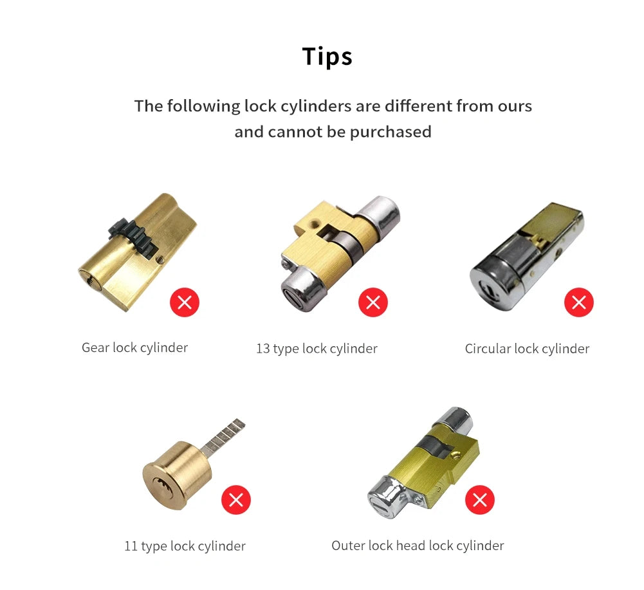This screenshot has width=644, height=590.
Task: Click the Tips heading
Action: click(x=327, y=57)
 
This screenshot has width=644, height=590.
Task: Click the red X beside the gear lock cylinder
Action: click(x=185, y=302)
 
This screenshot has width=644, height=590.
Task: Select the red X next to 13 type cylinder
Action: click(x=373, y=302)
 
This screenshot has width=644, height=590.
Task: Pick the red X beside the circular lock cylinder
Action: click(x=578, y=302)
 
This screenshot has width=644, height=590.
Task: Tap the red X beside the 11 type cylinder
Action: click(x=236, y=500)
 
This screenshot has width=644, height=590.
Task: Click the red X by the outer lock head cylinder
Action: click(x=479, y=500)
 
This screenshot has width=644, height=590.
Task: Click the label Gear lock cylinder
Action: click(x=134, y=348)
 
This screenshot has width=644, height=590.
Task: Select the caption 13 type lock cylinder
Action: click(x=317, y=349)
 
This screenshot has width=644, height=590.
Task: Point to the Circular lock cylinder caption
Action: click(x=527, y=349)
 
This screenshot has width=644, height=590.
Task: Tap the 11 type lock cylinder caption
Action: click(x=185, y=546)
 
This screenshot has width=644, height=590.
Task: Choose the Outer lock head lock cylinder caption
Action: click(x=418, y=546)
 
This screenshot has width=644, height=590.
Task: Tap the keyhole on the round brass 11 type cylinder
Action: click(x=160, y=483)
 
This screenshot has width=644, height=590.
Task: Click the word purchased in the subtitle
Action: click(x=391, y=132)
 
